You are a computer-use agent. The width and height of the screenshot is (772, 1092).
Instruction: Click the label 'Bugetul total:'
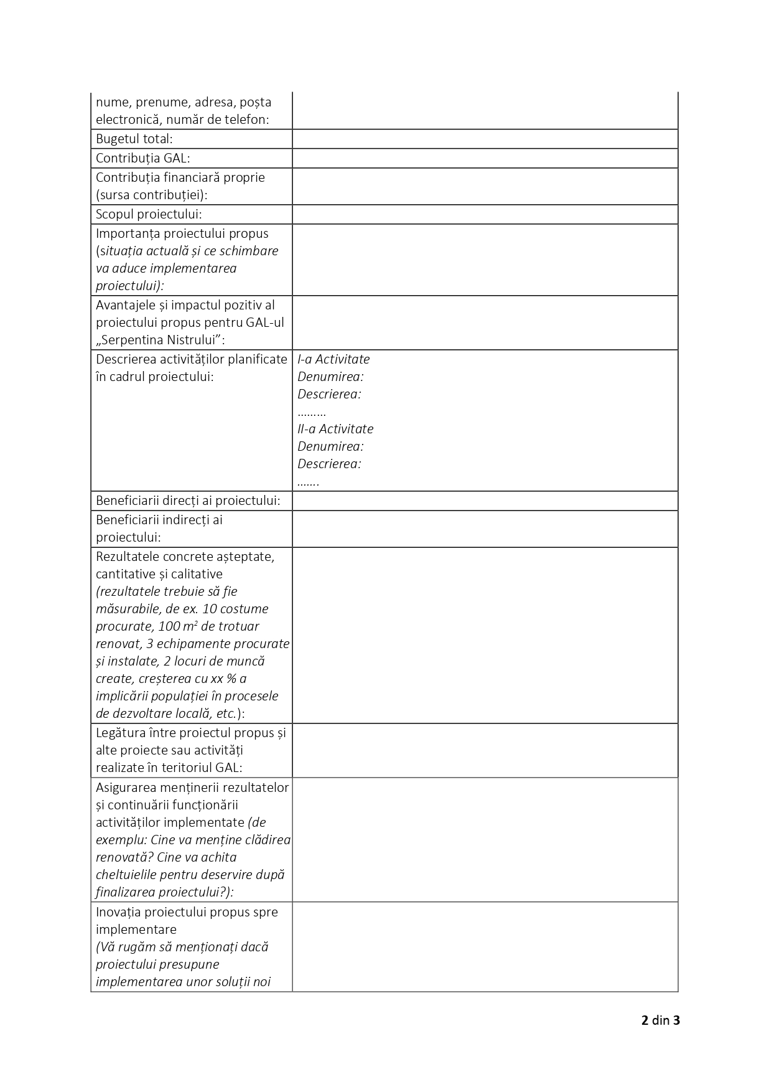(x=134, y=139)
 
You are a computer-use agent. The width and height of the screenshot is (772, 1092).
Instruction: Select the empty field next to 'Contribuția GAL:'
(x=485, y=158)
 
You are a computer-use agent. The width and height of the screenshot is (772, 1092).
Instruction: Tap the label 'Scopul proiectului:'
(x=149, y=214)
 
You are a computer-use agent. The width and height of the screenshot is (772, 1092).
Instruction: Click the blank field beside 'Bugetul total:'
(x=485, y=139)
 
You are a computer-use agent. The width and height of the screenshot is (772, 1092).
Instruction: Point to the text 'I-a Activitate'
(x=333, y=359)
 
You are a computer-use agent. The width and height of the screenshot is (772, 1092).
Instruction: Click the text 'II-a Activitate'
(x=335, y=429)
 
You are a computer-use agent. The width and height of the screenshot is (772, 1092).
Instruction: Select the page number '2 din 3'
(x=660, y=1020)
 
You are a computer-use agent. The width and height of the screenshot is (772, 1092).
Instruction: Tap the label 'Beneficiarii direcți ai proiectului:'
(x=188, y=501)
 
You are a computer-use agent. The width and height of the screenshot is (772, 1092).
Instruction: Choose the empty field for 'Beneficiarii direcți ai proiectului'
(x=485, y=501)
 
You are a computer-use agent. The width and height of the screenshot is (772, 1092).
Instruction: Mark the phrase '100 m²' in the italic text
(x=178, y=626)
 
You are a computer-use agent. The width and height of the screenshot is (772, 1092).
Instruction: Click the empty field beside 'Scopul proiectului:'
(x=485, y=214)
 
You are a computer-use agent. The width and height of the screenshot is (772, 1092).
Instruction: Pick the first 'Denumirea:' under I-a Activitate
(x=330, y=377)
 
